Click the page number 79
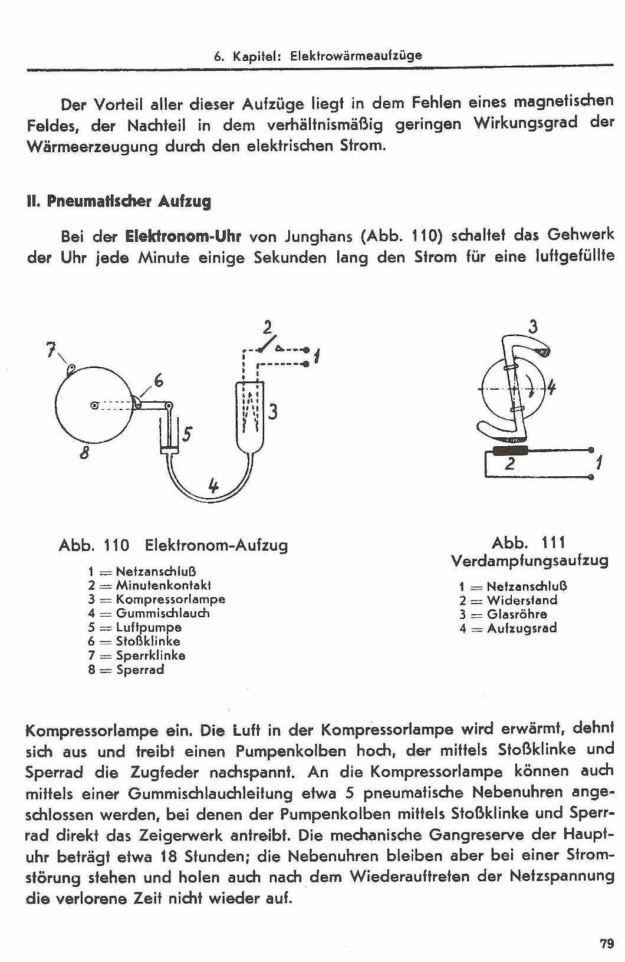607,943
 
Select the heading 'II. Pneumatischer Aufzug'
119,202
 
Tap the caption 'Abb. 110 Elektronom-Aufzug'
173,545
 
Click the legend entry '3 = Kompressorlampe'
157,599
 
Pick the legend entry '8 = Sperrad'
126,670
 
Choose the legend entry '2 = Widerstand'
508,600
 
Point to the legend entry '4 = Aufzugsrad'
508,628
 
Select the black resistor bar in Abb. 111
509,451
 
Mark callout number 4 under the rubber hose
213,486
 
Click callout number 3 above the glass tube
533,326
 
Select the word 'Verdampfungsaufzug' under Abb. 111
529,560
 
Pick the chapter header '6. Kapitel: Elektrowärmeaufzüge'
318,56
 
